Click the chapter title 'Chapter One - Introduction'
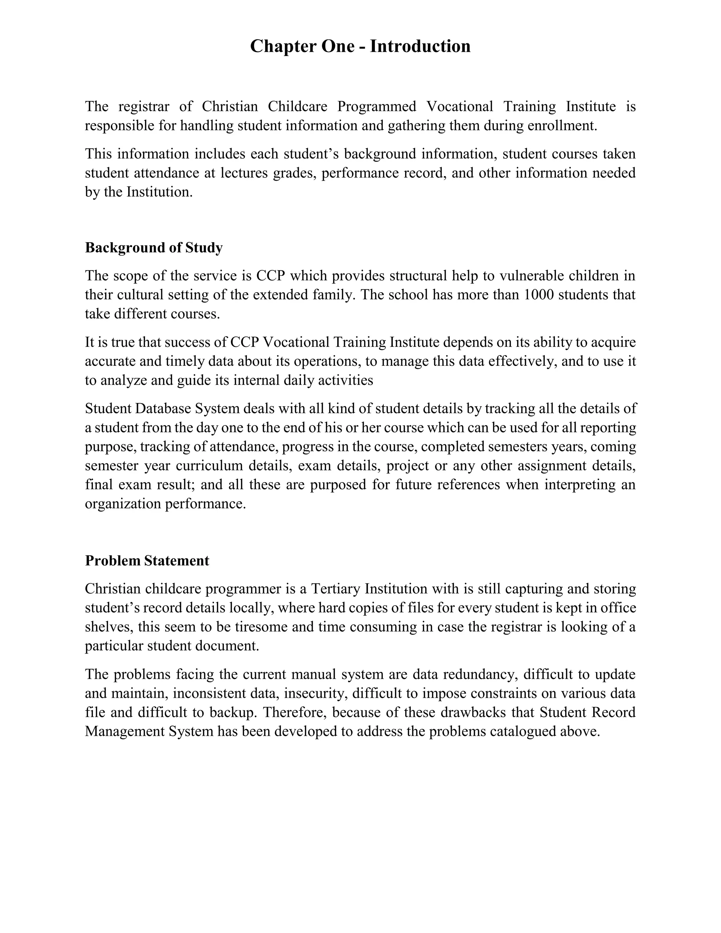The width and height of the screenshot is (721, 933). click(360, 46)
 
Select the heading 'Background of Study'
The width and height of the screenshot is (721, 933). click(154, 248)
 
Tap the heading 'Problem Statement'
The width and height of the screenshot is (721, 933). click(147, 561)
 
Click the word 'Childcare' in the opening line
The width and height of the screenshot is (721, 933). click(297, 106)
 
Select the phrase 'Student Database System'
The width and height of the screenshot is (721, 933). click(162, 408)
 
